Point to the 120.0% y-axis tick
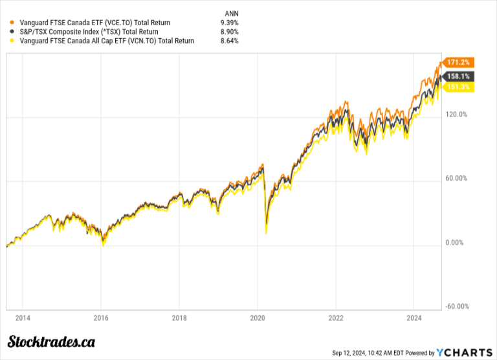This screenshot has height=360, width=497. [458, 115]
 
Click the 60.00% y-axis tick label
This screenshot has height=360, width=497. [458, 179]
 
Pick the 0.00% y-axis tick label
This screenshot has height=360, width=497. [456, 243]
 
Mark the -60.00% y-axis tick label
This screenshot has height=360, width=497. [458, 307]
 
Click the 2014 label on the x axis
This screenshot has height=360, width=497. [22, 319]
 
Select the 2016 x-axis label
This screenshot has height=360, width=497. [101, 319]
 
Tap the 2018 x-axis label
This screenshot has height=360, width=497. [179, 319]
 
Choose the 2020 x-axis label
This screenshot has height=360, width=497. [258, 319]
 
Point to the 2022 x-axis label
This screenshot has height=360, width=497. [336, 319]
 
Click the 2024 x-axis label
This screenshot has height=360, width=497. [414, 319]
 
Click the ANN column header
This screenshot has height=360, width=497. [230, 12]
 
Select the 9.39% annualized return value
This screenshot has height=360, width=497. [229, 22]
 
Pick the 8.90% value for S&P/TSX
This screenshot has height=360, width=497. [229, 31]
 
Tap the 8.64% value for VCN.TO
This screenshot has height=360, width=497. [229, 41]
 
